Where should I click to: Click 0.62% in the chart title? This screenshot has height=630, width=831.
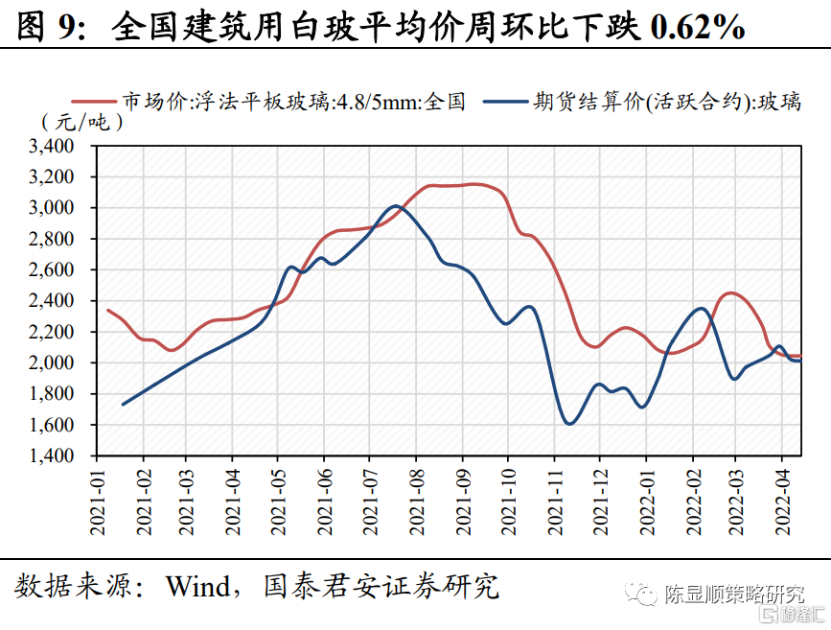697,28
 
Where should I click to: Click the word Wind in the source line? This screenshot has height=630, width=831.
196,585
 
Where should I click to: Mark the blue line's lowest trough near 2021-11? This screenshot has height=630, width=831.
569,423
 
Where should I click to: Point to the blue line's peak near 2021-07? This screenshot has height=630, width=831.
394,205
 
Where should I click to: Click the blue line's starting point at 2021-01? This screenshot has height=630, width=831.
124,405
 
